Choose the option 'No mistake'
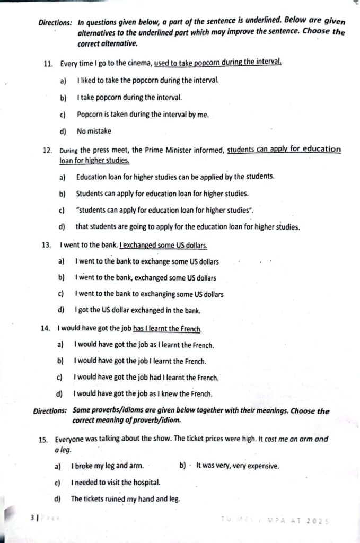(94, 131)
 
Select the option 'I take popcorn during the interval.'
(129, 98)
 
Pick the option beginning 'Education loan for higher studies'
(175, 177)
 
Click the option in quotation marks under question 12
(165, 211)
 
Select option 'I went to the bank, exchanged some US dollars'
(145, 278)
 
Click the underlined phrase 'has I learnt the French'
(167, 329)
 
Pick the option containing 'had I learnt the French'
(146, 378)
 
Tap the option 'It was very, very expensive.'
(237, 467)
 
